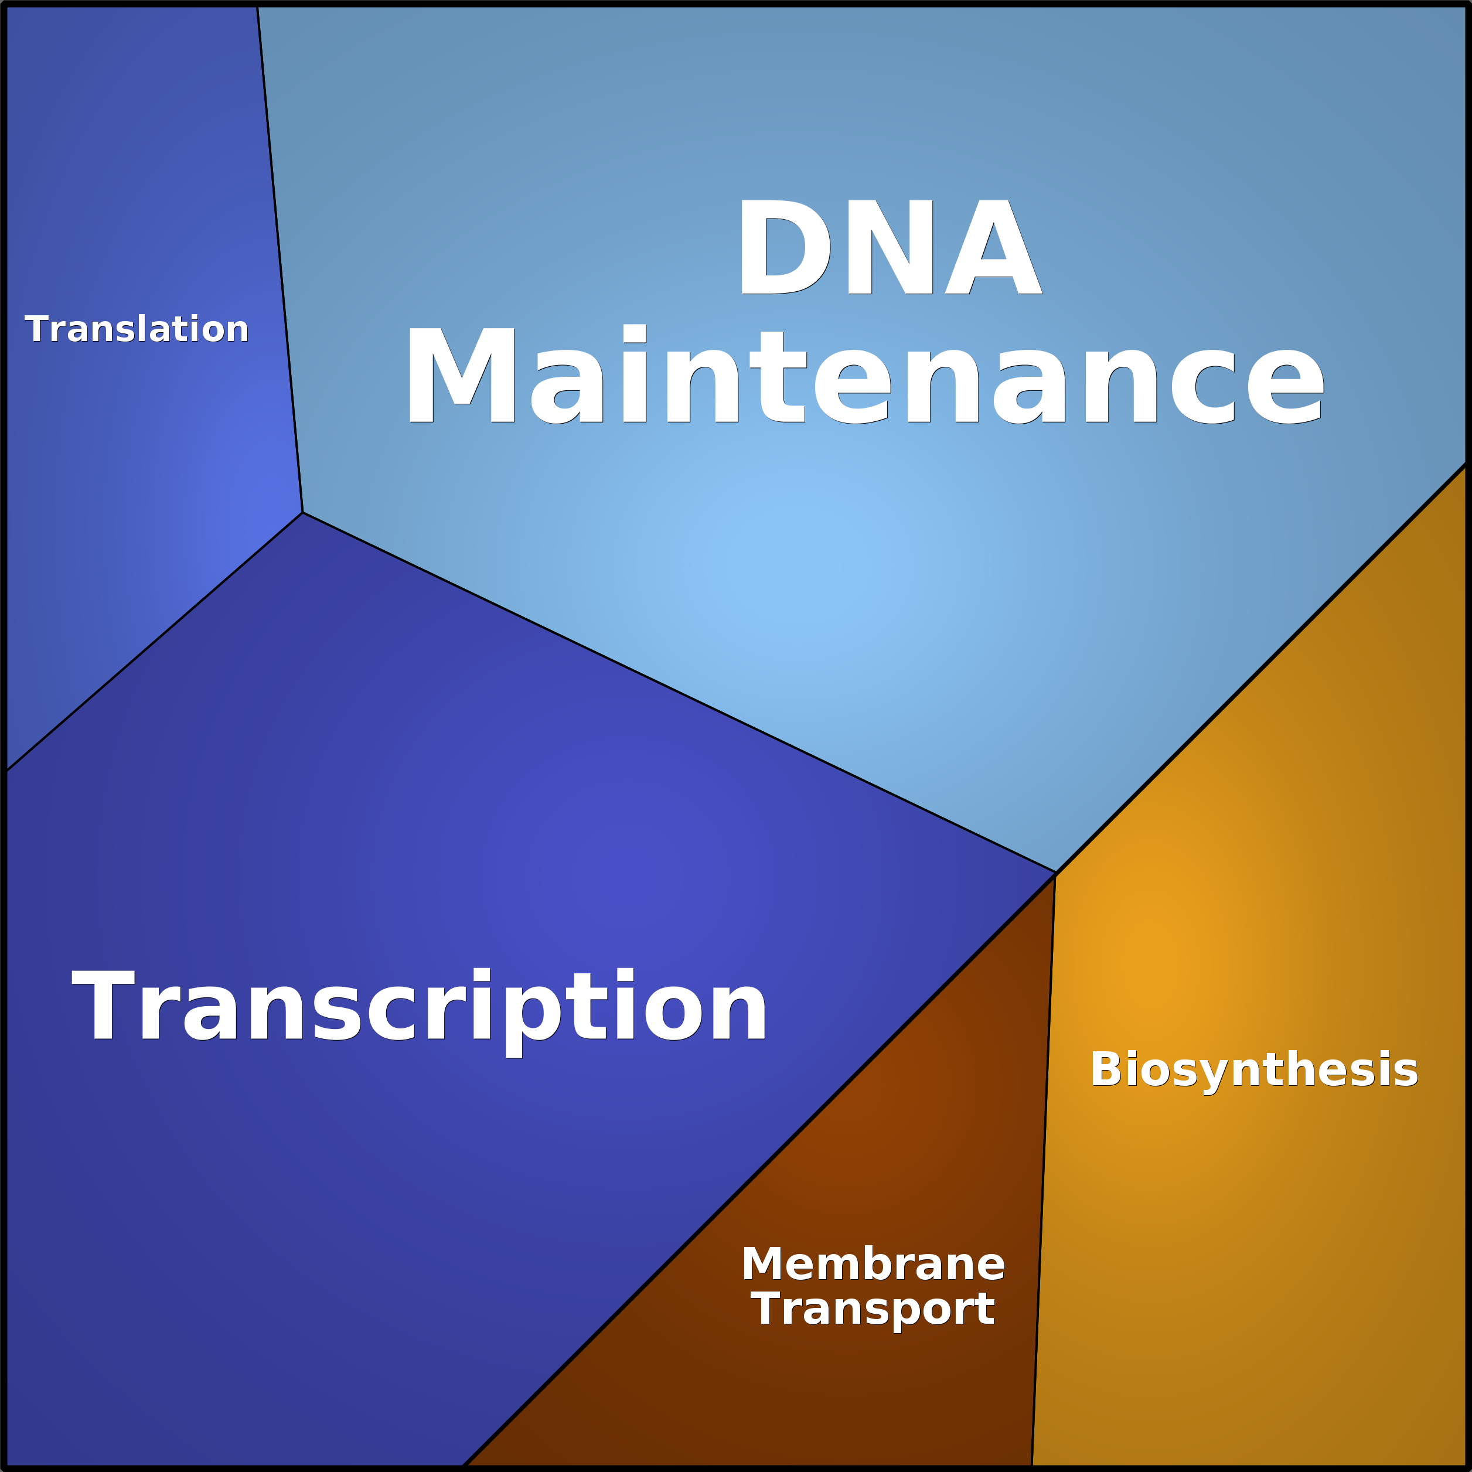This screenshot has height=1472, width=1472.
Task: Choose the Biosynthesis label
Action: click(1254, 1071)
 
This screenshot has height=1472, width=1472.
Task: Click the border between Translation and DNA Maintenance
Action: click(280, 259)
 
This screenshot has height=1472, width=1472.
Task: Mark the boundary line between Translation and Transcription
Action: click(154, 642)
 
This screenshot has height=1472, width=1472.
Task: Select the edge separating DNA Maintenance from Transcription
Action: click(679, 692)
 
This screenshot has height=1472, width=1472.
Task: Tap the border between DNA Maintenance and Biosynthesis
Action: click(1262, 667)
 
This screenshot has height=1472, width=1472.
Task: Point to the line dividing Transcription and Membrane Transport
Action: click(759, 1170)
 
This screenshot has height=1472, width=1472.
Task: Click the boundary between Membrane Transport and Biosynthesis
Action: click(1044, 1170)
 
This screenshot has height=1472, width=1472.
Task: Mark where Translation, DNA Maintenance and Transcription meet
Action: click(302, 512)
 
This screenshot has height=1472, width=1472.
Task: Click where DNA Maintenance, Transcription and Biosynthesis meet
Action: click(1055, 873)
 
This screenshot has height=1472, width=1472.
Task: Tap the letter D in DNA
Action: click(785, 247)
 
